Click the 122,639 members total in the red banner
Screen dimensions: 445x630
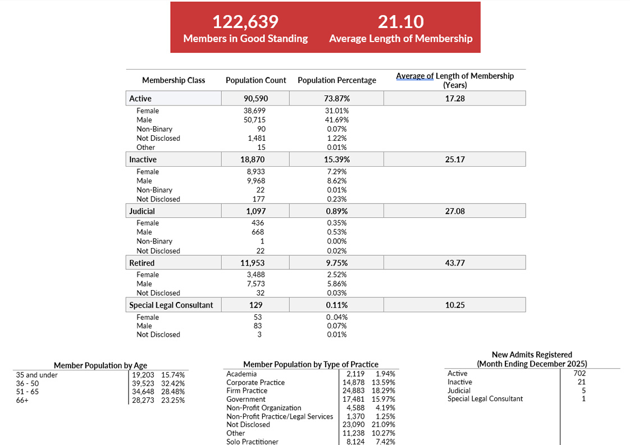coord(245,22)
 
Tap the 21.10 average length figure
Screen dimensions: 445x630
coord(400,22)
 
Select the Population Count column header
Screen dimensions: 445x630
coord(255,80)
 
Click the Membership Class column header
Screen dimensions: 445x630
coord(174,80)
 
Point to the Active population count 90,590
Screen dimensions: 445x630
coord(255,99)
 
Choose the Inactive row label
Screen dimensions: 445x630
coord(143,159)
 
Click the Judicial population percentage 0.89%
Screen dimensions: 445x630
coord(336,212)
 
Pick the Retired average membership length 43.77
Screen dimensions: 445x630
coord(455,263)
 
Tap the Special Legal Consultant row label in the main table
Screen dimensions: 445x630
coord(171,305)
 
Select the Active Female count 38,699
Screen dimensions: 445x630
coord(254,111)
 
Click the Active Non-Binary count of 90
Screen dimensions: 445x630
coord(261,129)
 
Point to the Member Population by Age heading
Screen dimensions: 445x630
coord(101,365)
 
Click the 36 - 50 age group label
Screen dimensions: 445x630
coord(28,383)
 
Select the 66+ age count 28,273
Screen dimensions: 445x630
coord(143,400)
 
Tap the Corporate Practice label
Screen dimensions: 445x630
coord(255,383)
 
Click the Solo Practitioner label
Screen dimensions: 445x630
coord(252,442)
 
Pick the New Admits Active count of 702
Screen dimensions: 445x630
coord(579,373)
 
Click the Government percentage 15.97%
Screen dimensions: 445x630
coord(383,399)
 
